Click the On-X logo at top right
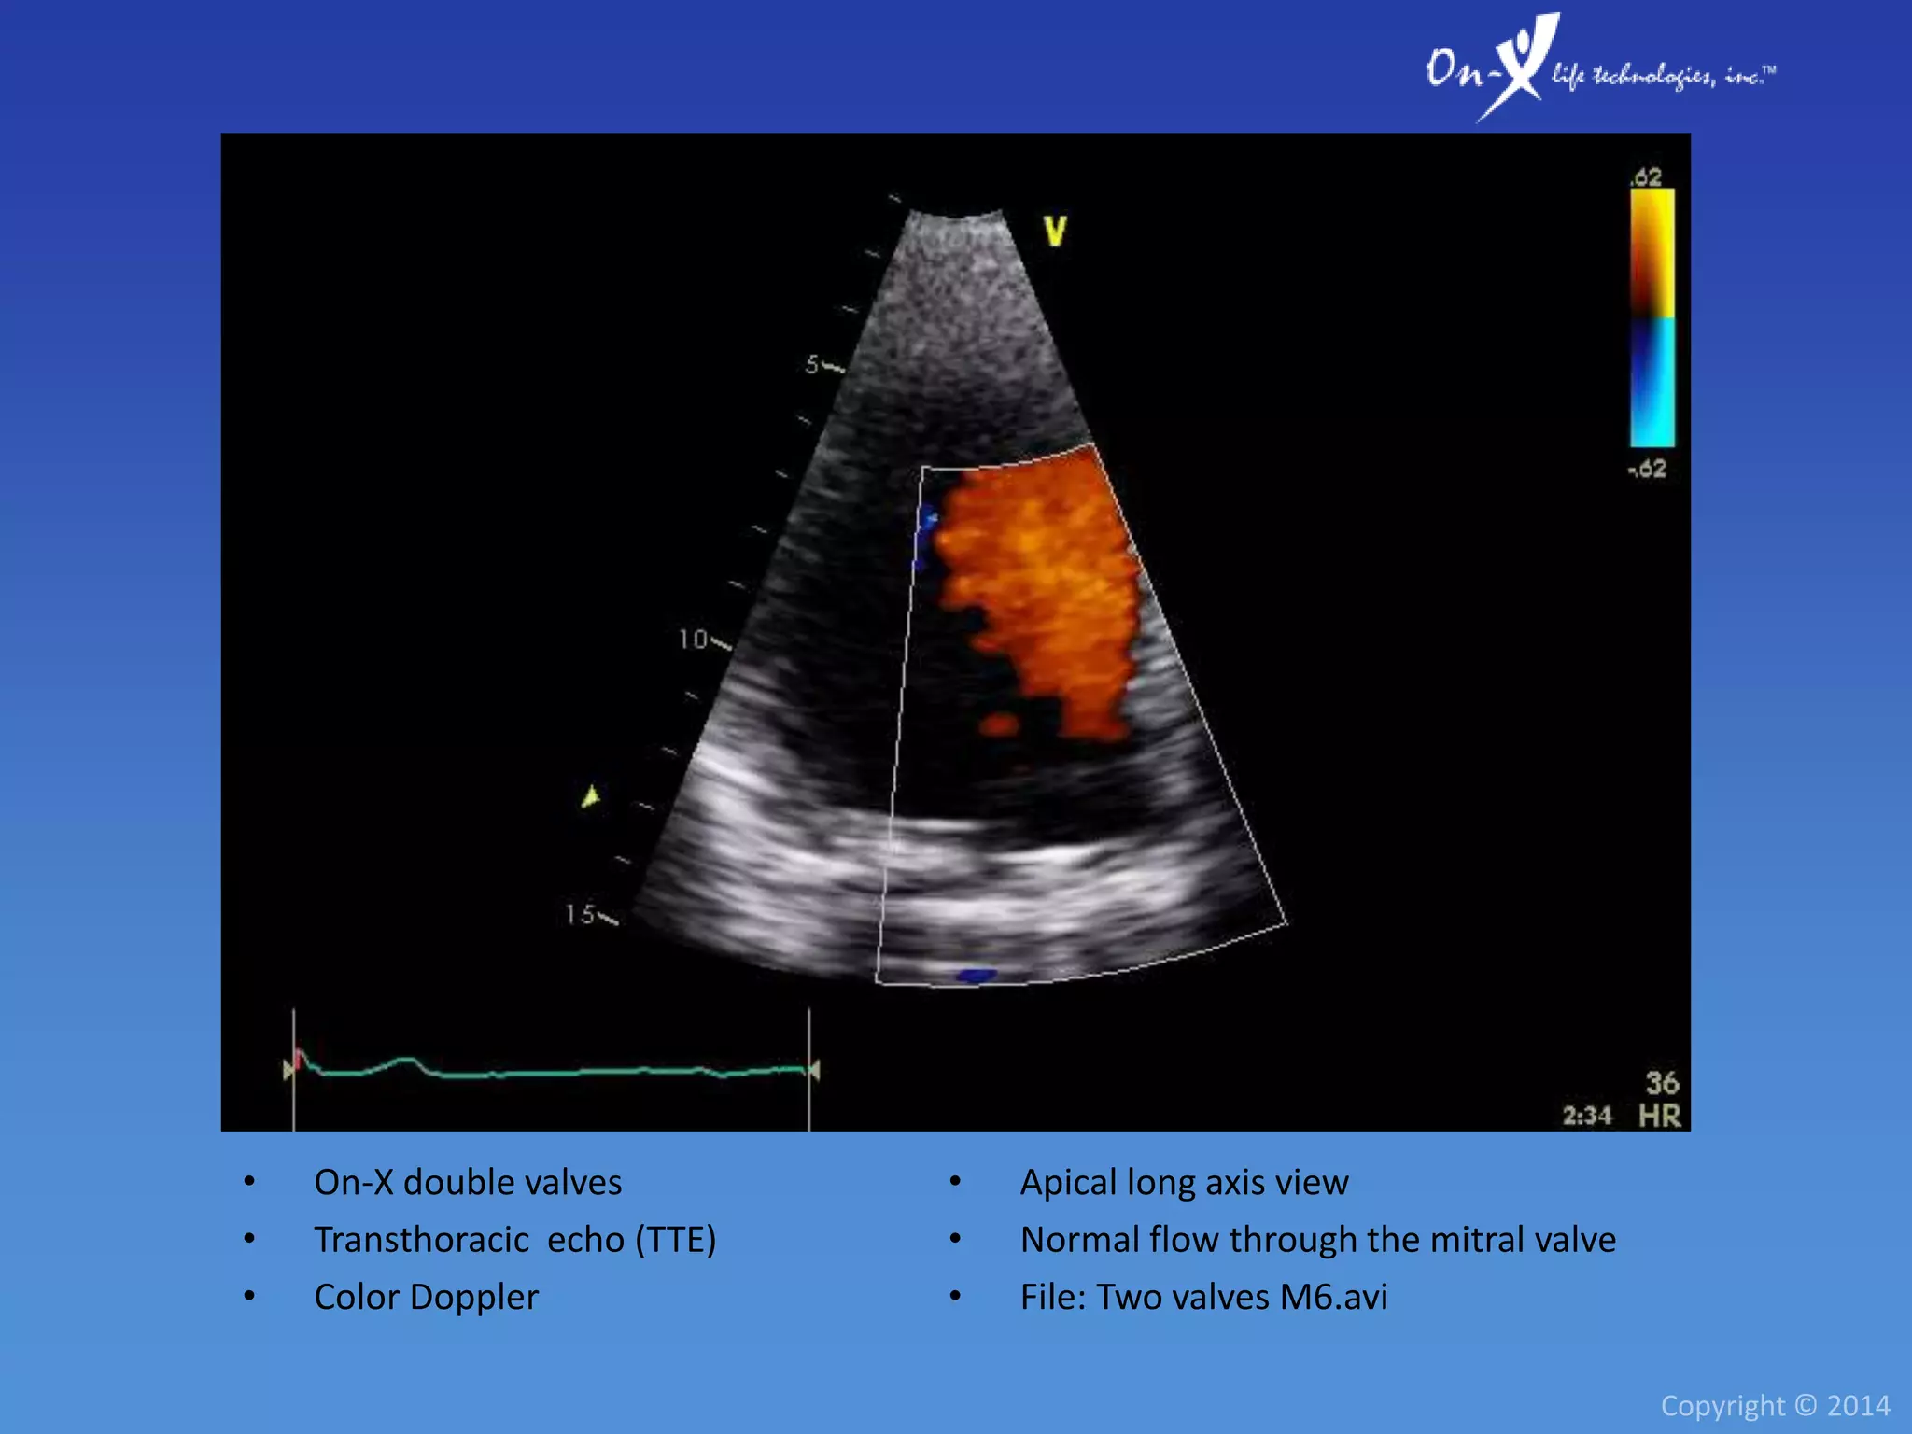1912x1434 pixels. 1598,67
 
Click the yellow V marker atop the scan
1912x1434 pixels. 1055,231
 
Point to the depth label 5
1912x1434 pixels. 812,364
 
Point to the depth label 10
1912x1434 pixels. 693,640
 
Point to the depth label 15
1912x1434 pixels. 580,914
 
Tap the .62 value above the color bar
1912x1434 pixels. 1646,176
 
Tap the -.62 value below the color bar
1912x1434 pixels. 1647,469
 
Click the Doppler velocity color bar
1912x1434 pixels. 1652,317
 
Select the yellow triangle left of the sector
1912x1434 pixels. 590,796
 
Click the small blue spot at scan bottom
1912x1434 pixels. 976,976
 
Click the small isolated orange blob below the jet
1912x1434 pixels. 998,724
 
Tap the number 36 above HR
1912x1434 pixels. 1662,1083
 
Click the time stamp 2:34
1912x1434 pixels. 1586,1116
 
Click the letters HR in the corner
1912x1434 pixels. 1659,1116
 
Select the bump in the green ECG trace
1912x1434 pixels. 404,1061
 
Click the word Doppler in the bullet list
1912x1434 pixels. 473,1297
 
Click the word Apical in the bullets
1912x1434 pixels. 1068,1183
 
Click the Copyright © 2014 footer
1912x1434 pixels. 1775,1405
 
